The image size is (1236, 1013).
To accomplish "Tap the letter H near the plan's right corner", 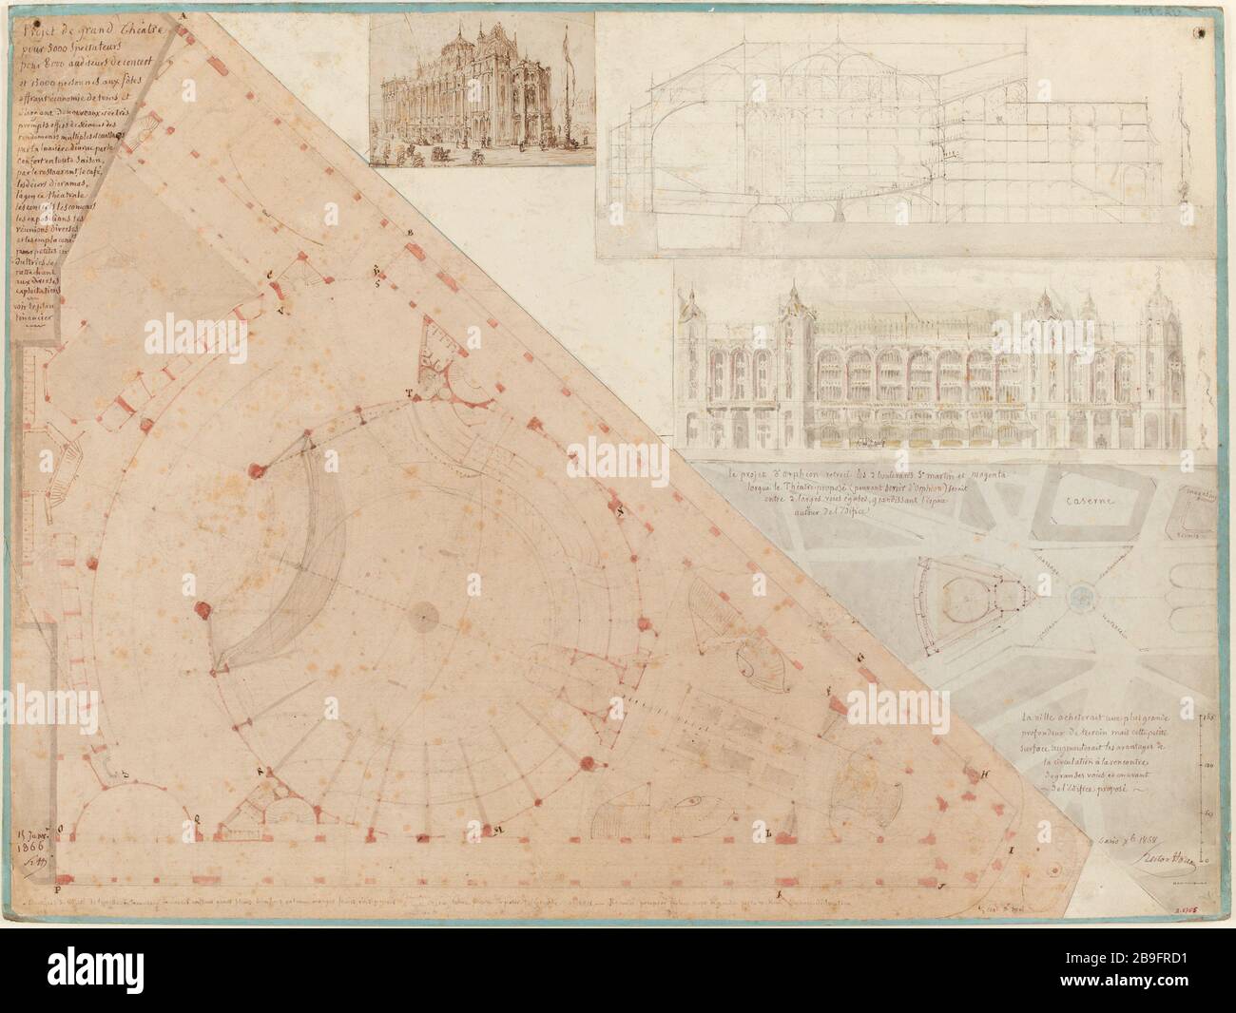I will (985, 773).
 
